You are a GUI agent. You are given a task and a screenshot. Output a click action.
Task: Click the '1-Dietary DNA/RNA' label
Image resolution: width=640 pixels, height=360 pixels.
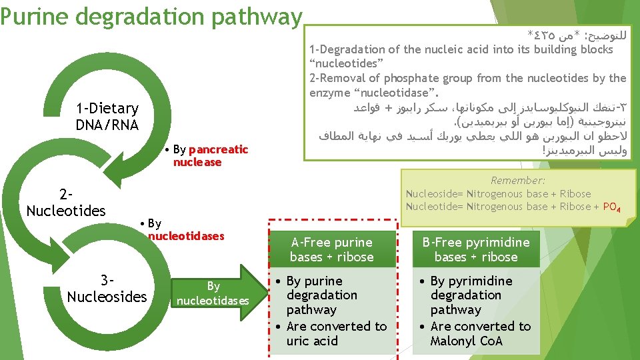tap(107, 117)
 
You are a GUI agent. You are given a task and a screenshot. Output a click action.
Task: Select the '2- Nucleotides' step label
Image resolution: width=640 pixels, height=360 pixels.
tap(65, 203)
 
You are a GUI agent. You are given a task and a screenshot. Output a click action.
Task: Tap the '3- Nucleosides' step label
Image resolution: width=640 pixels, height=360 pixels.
tap(107, 289)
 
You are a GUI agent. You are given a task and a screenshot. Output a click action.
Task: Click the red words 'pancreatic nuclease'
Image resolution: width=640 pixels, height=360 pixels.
tap(210, 156)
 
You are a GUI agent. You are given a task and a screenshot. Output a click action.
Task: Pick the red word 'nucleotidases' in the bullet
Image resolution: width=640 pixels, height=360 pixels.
tap(186, 236)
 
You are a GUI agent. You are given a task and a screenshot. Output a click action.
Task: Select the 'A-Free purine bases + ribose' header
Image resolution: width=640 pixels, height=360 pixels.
tap(331, 249)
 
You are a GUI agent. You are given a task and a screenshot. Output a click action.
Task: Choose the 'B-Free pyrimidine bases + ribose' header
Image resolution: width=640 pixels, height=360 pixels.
tap(475, 249)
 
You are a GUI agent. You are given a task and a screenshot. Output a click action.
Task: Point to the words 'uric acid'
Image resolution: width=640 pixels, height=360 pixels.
tap(312, 341)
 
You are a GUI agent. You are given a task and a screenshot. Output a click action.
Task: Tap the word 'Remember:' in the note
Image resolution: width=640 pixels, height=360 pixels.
tap(517, 180)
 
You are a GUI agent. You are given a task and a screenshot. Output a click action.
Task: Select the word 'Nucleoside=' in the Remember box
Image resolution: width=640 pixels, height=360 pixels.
tap(435, 194)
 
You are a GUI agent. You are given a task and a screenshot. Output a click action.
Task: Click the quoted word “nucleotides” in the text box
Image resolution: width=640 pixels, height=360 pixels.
tap(344, 63)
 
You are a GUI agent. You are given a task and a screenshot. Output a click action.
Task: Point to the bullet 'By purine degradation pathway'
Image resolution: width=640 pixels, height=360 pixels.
tap(323, 295)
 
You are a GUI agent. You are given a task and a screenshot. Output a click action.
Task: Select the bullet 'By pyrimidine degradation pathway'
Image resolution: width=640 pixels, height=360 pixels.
tap(470, 295)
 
